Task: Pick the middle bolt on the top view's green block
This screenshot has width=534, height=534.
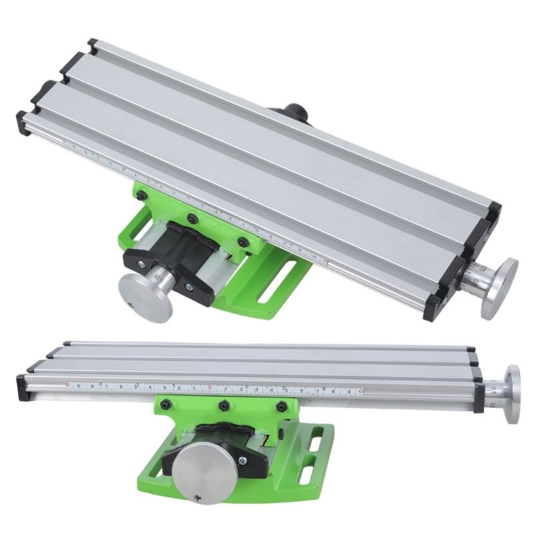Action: [x=192, y=218]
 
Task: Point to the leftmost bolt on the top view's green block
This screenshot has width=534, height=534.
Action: [x=142, y=194]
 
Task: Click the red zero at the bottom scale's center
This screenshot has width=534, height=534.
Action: [x=210, y=388]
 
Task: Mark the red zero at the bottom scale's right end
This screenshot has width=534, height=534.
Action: [x=360, y=391]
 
